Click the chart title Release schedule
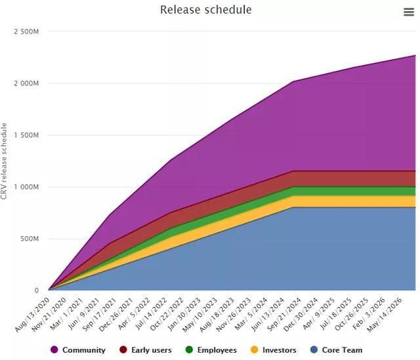(x=205, y=10)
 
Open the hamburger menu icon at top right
(x=409, y=12)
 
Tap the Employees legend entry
(x=216, y=350)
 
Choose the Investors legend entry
(x=279, y=350)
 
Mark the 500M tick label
(x=29, y=239)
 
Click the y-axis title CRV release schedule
(x=5, y=161)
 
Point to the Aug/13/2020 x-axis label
(x=33, y=312)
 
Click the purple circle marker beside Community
(x=54, y=350)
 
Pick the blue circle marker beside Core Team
(x=314, y=350)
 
